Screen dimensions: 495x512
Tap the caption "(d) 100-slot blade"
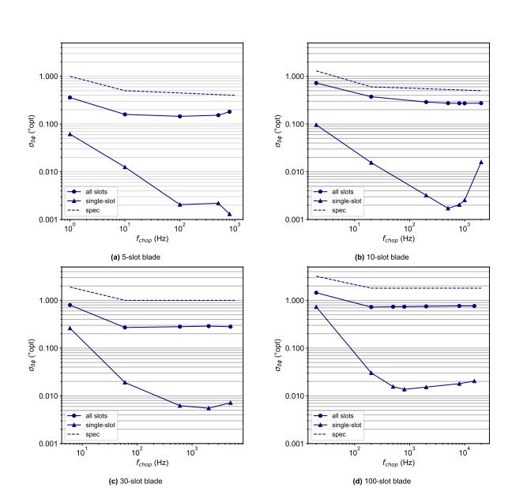point(395,481)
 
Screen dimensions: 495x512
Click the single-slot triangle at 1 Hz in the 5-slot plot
point(70,134)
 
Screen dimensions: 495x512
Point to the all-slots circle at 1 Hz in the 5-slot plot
point(70,97)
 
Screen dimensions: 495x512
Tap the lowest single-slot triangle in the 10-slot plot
point(448,208)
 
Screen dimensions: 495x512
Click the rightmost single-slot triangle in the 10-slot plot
point(480,162)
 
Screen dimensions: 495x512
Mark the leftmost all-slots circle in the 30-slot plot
point(70,305)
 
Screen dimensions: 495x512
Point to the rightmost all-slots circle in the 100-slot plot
point(474,306)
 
